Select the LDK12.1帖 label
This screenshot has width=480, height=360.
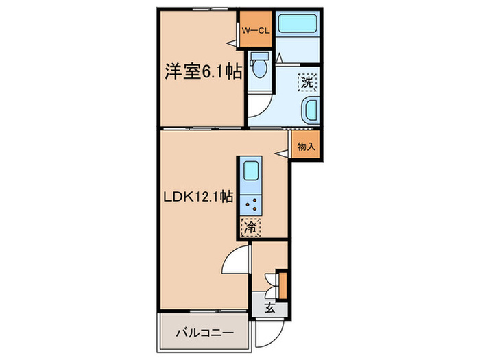click(198, 196)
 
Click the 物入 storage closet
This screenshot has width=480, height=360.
click(306, 145)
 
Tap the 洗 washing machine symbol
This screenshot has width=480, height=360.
click(306, 82)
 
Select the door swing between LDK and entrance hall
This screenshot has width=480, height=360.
click(235, 261)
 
